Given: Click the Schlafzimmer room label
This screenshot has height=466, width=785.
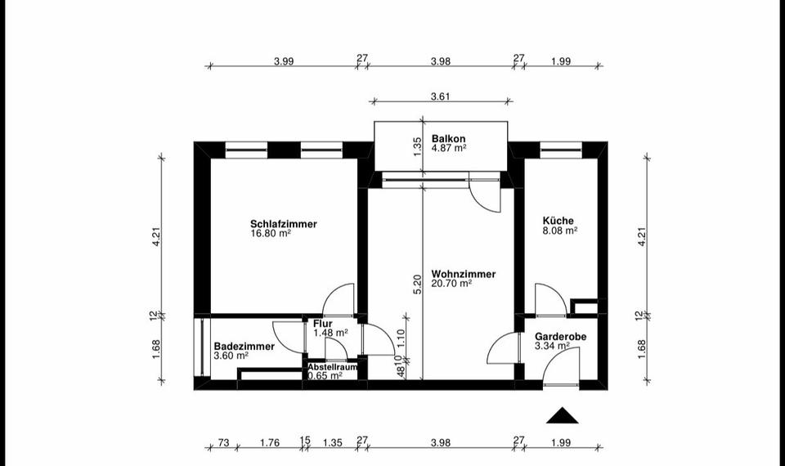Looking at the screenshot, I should [x=284, y=223].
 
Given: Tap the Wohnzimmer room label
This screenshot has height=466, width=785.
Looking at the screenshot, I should [x=464, y=274].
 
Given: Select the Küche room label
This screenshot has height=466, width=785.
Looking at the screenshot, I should [x=558, y=220].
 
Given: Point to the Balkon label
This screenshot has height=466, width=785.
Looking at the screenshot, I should [x=449, y=139].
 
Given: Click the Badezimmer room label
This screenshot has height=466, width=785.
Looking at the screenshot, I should [x=244, y=346].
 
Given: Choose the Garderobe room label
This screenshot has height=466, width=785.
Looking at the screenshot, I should [x=560, y=336].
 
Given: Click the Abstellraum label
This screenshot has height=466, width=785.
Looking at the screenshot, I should [x=332, y=367].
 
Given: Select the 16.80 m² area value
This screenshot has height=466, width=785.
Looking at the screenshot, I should [x=271, y=233].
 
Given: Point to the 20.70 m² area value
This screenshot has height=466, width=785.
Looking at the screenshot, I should [x=452, y=284].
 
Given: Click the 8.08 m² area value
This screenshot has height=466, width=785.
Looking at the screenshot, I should [x=560, y=231].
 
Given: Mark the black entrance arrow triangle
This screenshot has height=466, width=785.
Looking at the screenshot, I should [x=562, y=416].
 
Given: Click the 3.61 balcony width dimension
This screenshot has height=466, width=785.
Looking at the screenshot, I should [x=442, y=96].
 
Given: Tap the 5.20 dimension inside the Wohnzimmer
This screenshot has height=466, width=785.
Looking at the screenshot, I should [x=417, y=284].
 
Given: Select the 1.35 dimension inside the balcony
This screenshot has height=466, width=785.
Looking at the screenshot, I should [x=417, y=146].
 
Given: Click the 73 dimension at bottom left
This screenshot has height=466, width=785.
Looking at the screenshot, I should [x=223, y=442].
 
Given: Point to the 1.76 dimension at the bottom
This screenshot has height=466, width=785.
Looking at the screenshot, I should [x=270, y=442].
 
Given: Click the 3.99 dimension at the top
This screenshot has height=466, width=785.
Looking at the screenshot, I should [x=284, y=60].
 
